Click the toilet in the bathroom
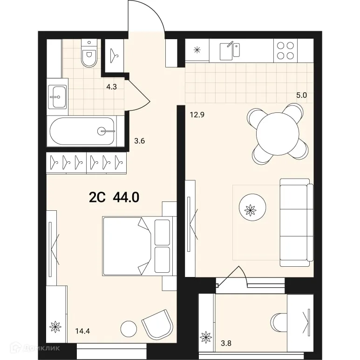tap(88, 53)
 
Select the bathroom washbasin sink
tap(57, 97)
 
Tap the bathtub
tap(82, 132)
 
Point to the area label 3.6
tap(140, 141)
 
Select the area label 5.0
tap(302, 95)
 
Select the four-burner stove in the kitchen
tap(285, 50)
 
